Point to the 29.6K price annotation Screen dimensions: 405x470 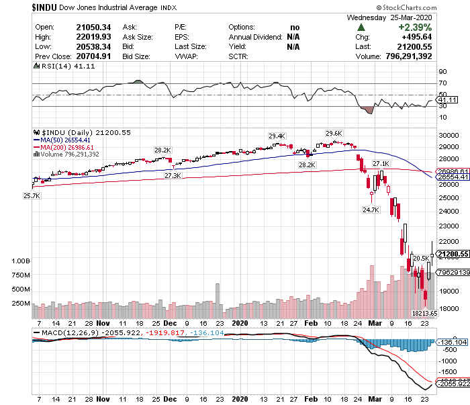pos(334,133)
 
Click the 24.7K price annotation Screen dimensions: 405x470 pos(371,209)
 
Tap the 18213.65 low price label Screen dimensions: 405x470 pos(424,313)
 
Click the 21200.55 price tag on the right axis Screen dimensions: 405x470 pos(452,254)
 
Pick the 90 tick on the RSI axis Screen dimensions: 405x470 pos(442,71)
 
